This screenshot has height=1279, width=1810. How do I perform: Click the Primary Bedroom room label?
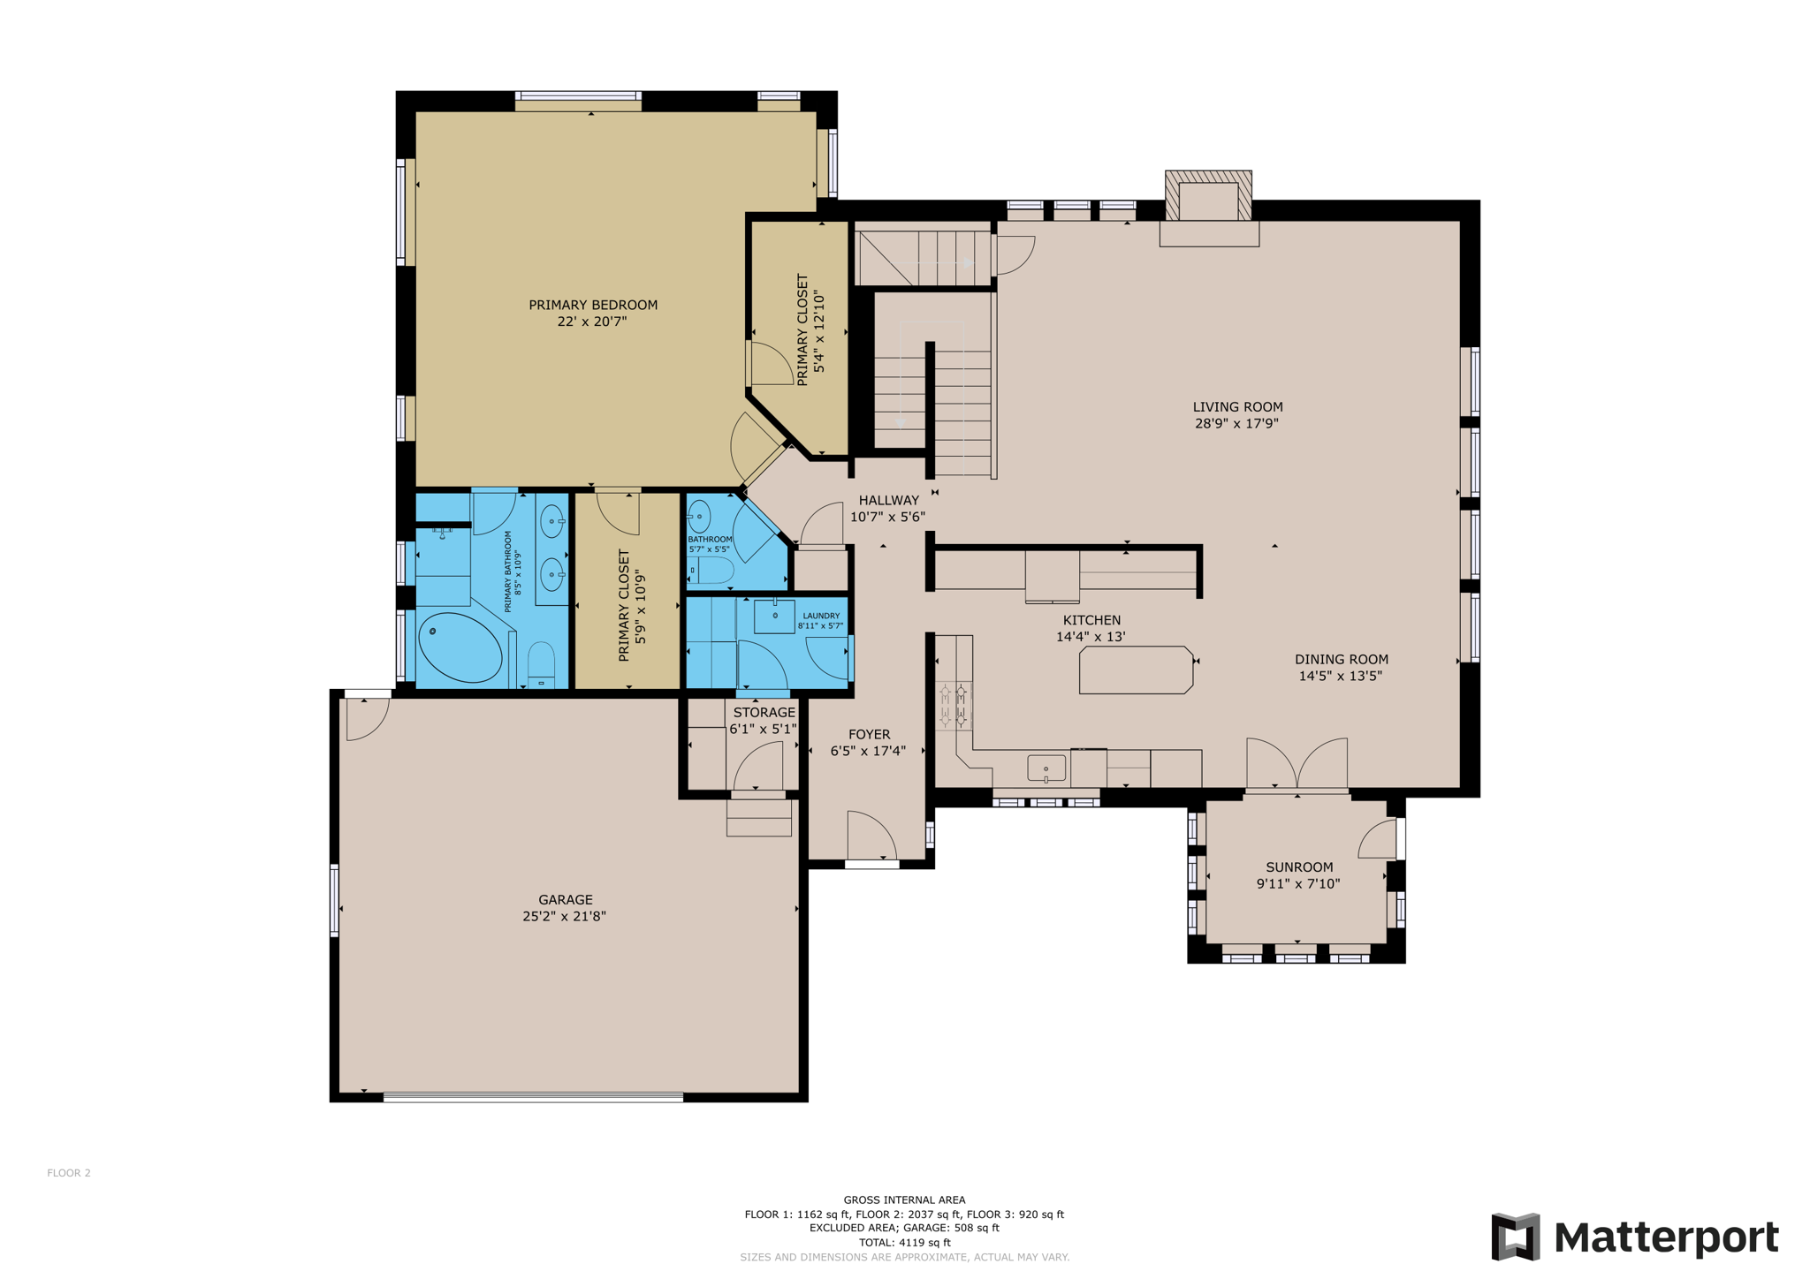point(593,305)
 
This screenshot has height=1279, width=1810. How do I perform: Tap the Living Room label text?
point(1237,407)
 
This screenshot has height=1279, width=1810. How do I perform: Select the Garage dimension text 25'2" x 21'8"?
point(564,916)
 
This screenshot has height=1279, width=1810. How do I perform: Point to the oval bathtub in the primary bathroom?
point(460,647)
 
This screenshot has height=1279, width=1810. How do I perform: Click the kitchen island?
point(1136,670)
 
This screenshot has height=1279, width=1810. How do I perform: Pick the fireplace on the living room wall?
point(1209,208)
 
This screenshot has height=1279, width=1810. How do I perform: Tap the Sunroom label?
point(1299,867)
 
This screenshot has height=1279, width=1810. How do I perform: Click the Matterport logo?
point(1635,1237)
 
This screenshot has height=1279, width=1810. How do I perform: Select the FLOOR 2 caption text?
point(69,1173)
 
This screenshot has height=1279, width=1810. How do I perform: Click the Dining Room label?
point(1342,660)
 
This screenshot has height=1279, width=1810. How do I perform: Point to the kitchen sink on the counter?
point(1046,768)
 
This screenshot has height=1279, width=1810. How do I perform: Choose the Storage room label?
point(764,713)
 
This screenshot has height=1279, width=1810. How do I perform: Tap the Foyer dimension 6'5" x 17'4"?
point(868,752)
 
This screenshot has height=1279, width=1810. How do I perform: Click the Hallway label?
point(889,501)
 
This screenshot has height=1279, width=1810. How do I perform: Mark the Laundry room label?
point(821,616)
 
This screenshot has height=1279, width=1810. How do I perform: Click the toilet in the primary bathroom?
point(541,664)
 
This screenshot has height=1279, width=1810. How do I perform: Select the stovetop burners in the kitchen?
point(954,706)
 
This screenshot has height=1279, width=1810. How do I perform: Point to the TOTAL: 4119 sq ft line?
point(905,1242)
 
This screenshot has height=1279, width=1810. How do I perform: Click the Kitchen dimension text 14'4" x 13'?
point(1091,637)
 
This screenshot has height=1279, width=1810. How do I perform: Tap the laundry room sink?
point(774,616)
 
